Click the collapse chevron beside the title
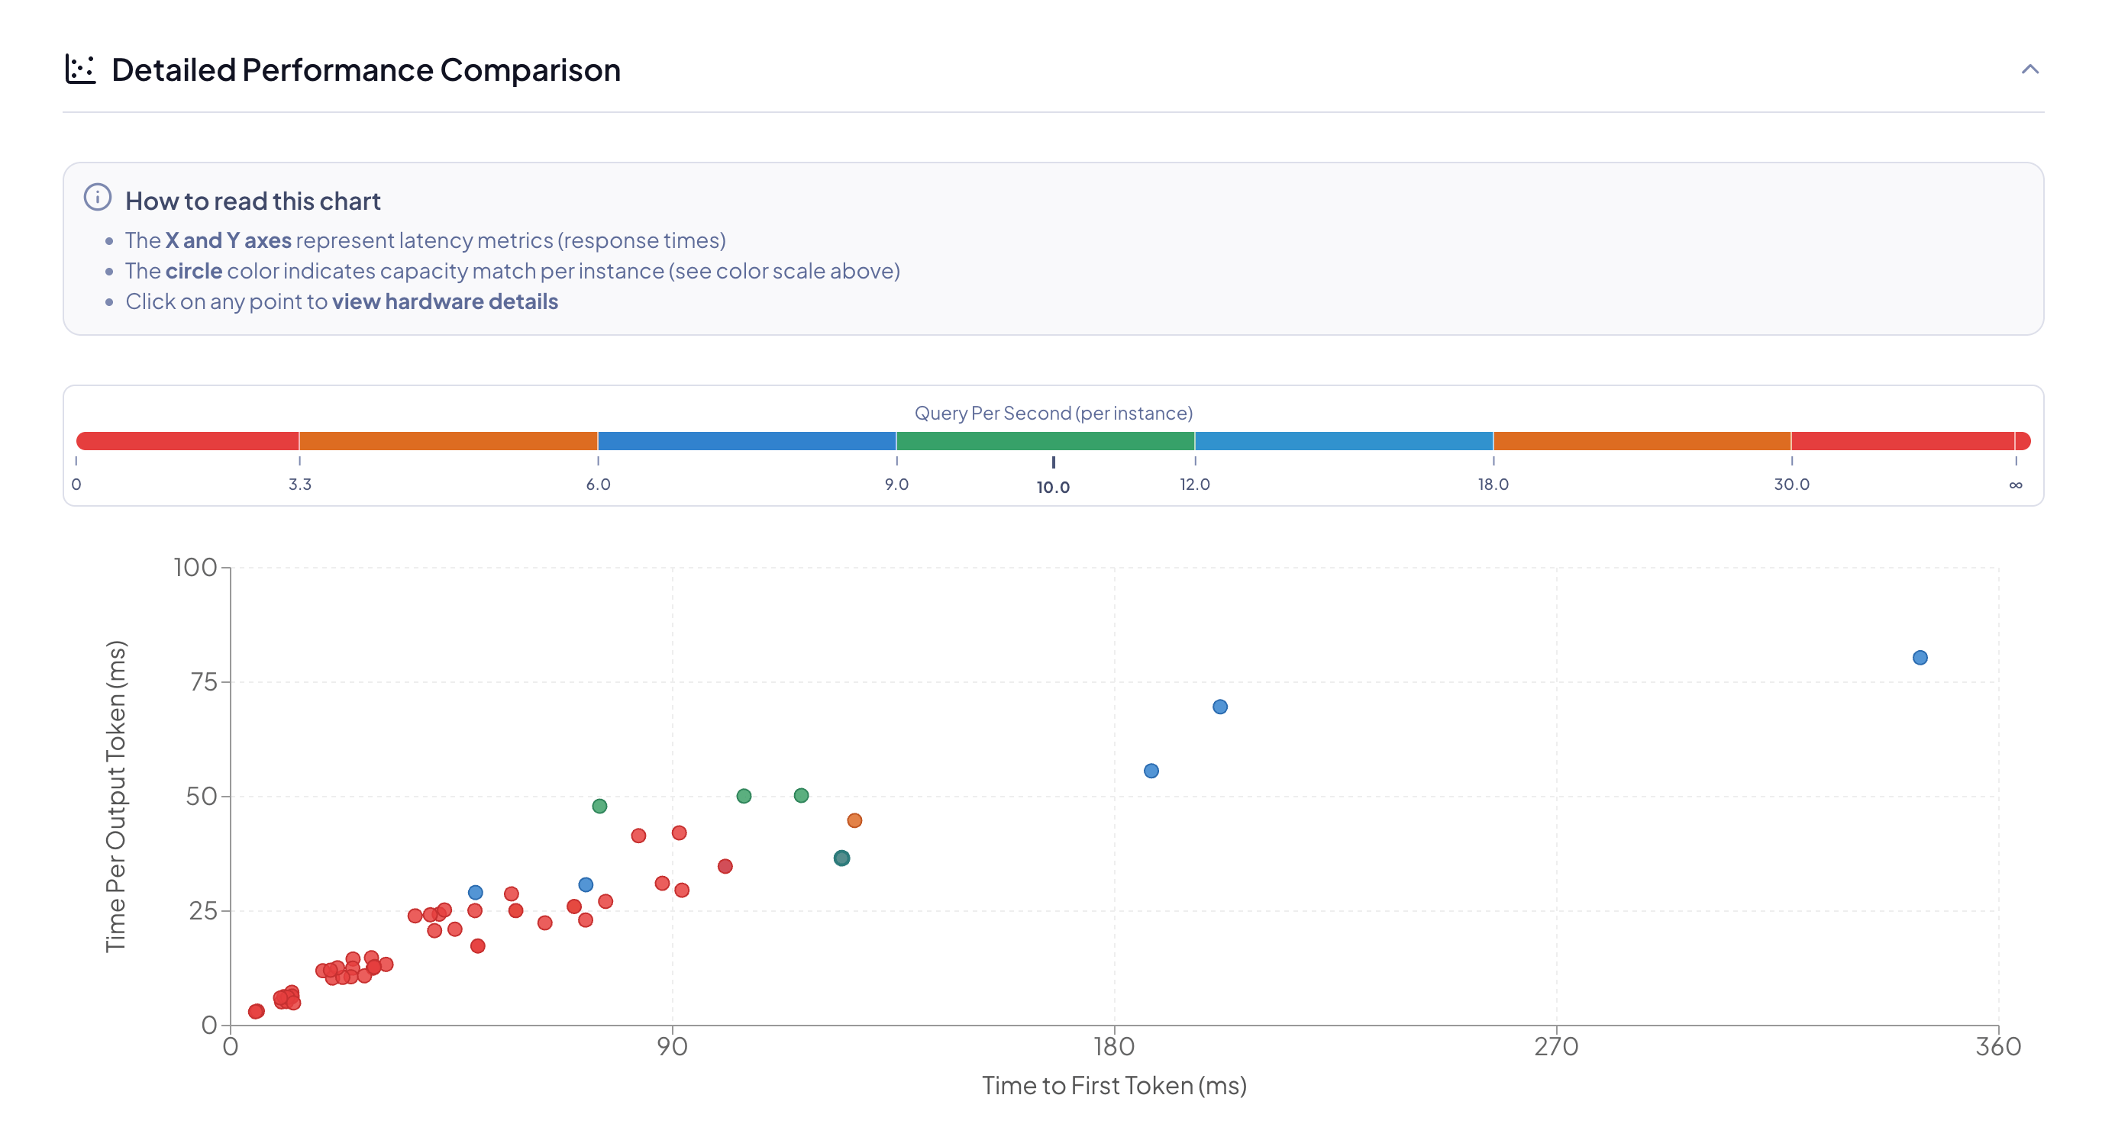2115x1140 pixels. pos(2029,69)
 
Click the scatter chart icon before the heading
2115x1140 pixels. pos(80,69)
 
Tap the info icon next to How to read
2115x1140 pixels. pos(98,198)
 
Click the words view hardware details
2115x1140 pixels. pos(444,302)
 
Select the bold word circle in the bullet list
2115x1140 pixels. pos(194,271)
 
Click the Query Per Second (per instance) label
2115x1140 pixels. pos(1054,413)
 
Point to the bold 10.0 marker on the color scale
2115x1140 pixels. pos(1053,487)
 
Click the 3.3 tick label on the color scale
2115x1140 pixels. pos(299,485)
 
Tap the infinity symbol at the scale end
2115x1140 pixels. pos(2015,485)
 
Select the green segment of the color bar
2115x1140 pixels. pos(1045,441)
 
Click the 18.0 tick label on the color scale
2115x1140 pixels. pos(1493,485)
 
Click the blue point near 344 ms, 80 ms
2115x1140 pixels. pos(1920,658)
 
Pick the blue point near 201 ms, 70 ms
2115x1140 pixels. pos(1219,707)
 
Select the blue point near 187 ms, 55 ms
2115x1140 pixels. pos(1151,771)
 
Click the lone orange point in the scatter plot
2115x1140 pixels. pos(854,821)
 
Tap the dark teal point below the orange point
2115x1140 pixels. pos(841,858)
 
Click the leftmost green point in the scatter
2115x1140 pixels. pos(599,806)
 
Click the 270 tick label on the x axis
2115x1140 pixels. pos(1556,1046)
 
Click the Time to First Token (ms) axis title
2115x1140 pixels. pos(1114,1086)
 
